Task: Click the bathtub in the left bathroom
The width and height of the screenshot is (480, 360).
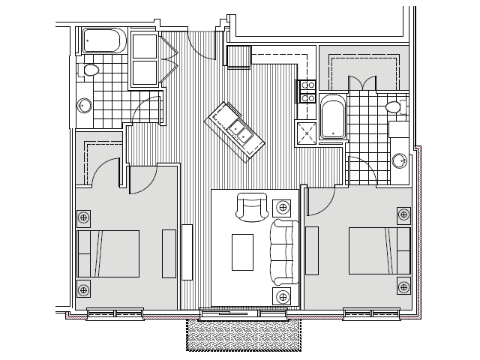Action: (x=104, y=40)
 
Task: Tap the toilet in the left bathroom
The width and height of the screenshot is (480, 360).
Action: (x=90, y=71)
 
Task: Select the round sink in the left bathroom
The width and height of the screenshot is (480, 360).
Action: (x=83, y=106)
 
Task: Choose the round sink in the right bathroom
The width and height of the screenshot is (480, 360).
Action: (x=400, y=159)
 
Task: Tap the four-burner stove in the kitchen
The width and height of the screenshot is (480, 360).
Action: (x=307, y=91)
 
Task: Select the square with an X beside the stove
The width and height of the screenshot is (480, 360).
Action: (x=307, y=130)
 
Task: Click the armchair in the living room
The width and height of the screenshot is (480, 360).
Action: (x=251, y=206)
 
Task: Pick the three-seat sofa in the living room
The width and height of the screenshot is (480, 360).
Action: (x=283, y=251)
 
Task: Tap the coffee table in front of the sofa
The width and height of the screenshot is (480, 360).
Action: (x=242, y=252)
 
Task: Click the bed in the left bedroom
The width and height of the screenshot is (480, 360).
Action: (x=108, y=253)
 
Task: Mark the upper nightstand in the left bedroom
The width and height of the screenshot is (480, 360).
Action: (x=84, y=217)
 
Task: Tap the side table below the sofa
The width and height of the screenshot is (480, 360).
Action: (x=282, y=296)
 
